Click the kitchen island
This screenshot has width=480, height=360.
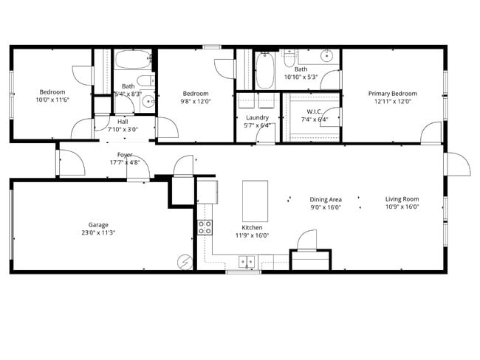255,201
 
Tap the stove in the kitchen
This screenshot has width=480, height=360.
205,228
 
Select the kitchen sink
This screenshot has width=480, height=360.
247,260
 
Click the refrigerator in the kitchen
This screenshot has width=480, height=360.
207,191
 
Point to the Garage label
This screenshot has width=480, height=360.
98,225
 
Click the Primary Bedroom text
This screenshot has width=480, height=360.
393,94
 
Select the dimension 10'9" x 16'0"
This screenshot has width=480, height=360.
402,207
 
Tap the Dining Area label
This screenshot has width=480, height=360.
325,199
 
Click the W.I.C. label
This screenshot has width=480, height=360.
309,111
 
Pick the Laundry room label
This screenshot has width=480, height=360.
257,117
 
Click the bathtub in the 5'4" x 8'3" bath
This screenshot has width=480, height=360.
133,60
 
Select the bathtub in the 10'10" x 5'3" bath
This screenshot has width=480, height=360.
264,70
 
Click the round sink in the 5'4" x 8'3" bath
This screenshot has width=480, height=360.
148,102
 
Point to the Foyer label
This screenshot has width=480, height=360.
125,155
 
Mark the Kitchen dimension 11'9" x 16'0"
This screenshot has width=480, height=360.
252,236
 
